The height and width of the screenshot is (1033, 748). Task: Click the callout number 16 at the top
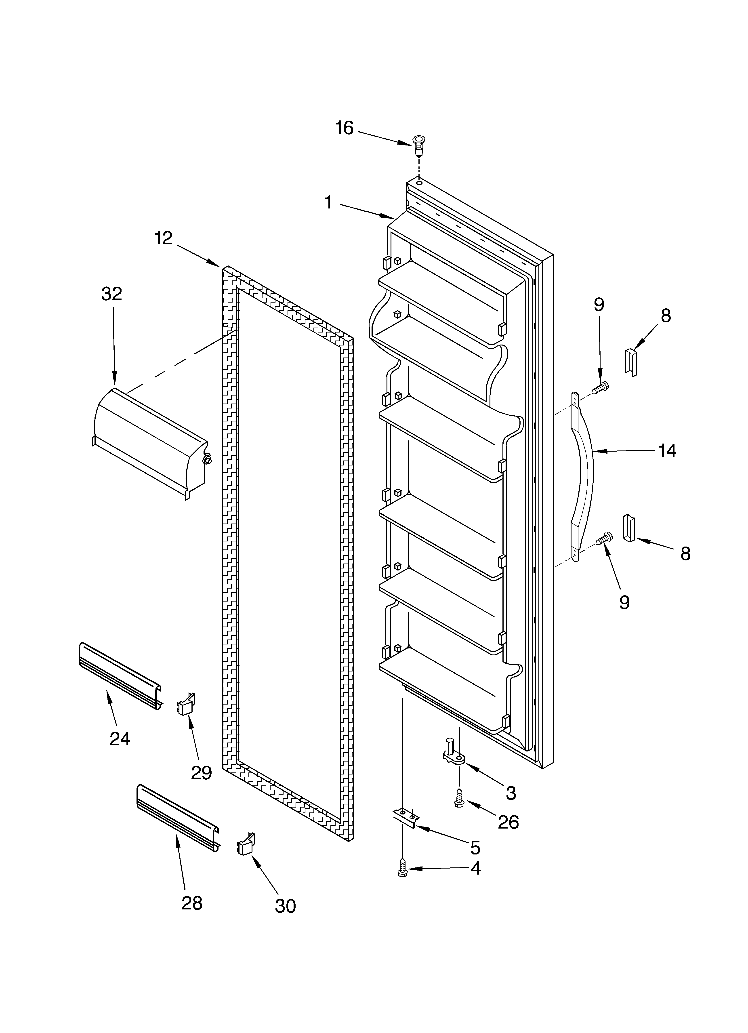(x=344, y=128)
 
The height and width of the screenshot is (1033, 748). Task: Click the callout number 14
(x=667, y=451)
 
